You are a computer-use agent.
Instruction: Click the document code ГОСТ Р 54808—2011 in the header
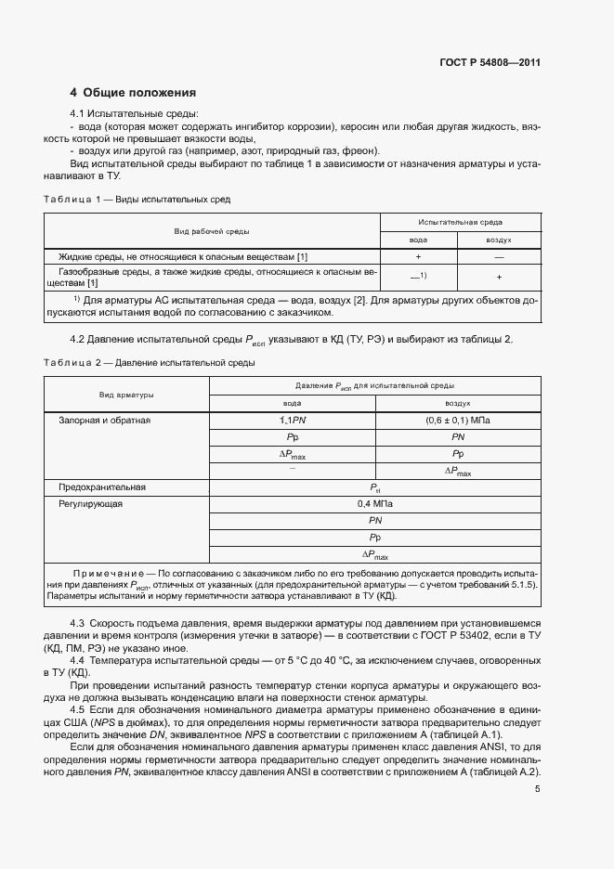point(490,63)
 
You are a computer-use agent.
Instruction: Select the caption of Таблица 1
point(137,199)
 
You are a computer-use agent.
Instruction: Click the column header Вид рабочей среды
point(212,231)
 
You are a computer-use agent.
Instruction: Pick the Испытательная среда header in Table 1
point(461,223)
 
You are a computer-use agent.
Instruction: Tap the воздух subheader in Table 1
point(499,240)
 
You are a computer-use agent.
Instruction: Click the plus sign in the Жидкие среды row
point(419,255)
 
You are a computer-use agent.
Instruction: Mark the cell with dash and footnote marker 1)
point(419,276)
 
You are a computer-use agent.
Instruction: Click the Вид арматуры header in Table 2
point(127,395)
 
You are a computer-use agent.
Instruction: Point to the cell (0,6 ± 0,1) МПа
point(458,421)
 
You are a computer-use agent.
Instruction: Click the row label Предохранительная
point(102,486)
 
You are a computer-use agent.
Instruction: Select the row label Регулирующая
point(91,504)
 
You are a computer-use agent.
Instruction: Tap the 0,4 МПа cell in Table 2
point(375,504)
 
